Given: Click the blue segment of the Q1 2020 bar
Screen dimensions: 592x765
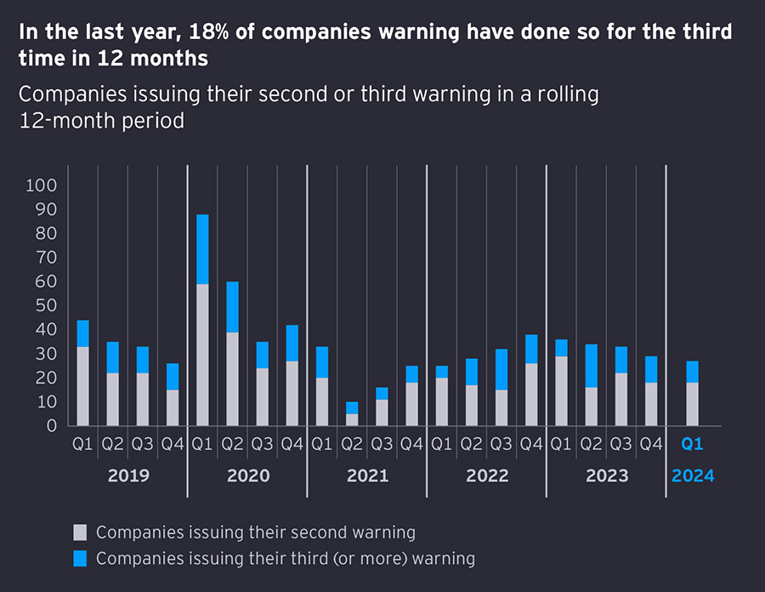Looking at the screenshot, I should tap(202, 249).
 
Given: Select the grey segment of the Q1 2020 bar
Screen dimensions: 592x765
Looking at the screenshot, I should tap(202, 355).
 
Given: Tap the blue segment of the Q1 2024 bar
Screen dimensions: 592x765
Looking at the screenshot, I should tap(693, 372).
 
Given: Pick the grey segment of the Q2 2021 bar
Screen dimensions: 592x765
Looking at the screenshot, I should tap(352, 419).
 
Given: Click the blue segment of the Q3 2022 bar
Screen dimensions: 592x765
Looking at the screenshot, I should tap(501, 369).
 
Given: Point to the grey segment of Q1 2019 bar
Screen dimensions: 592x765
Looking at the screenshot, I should tap(82, 386).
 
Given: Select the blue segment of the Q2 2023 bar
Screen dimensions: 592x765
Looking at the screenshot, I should tap(591, 366).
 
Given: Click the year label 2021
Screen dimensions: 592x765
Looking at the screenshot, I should tap(367, 475).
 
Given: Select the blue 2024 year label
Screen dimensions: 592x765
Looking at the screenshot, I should tap(693, 475).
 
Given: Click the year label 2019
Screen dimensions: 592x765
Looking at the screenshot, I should tap(128, 475).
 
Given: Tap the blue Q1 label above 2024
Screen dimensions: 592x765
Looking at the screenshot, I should tap(693, 444).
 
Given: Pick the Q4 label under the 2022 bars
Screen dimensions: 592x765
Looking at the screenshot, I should tap(531, 444).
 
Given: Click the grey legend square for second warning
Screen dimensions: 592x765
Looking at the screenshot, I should tap(81, 533).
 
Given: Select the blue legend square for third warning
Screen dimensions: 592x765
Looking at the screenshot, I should tap(81, 559).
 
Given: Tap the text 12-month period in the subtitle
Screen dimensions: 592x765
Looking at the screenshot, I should tap(102, 120).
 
